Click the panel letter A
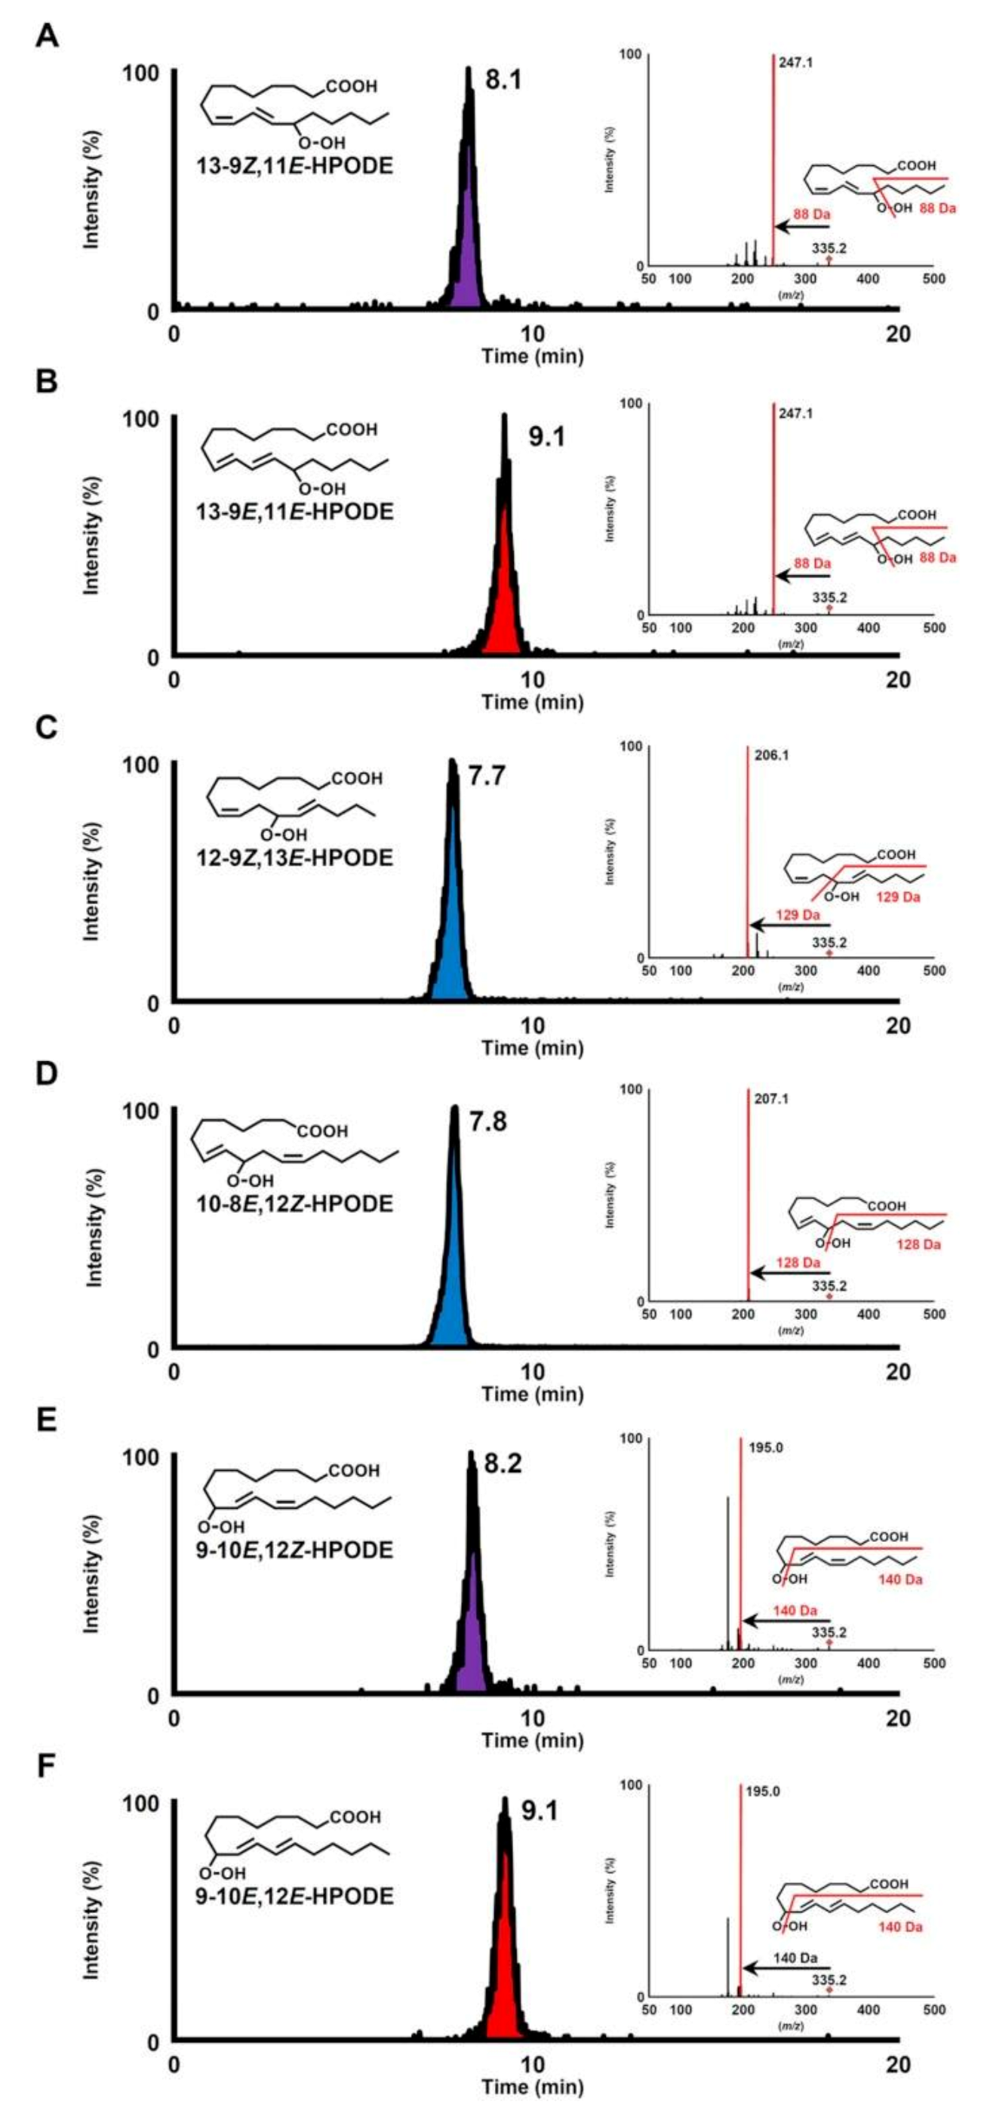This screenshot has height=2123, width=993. tap(46, 35)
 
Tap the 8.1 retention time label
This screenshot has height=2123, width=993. tap(503, 80)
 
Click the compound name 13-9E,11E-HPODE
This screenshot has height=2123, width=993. tap(296, 512)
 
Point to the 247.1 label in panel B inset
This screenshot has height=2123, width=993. tap(795, 414)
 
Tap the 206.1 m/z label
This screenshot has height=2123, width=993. tap(768, 755)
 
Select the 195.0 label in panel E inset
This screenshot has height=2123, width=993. tap(764, 1448)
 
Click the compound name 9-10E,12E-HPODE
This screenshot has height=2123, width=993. tap(295, 1897)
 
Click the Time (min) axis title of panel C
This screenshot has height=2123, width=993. tap(533, 1048)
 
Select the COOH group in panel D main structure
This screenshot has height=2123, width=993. tap(322, 1131)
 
